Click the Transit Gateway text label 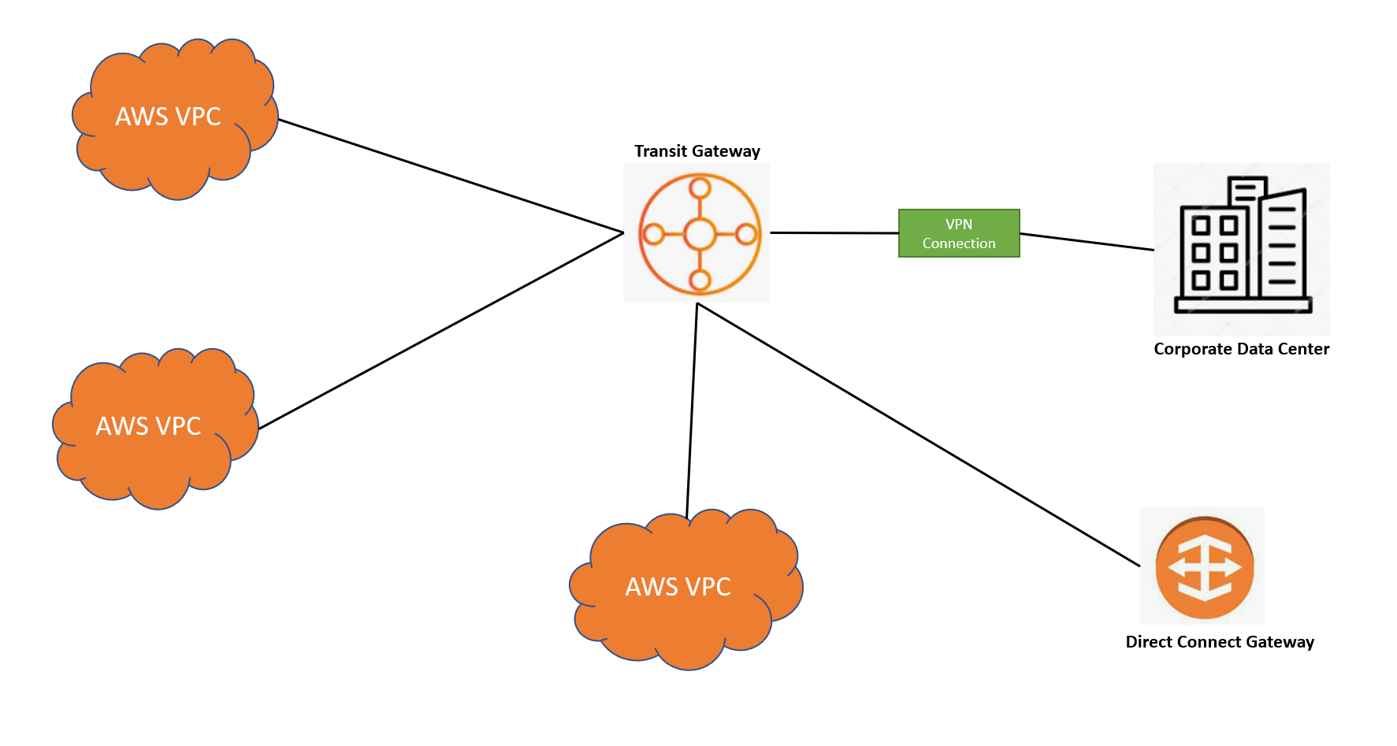[697, 151]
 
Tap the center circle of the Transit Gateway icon [699, 234]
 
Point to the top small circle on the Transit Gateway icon [700, 188]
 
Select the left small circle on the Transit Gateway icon [653, 234]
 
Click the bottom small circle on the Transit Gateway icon [700, 280]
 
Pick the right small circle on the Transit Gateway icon [745, 234]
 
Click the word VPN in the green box [959, 225]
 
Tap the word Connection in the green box [959, 243]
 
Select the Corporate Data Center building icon [1242, 247]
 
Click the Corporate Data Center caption [1241, 349]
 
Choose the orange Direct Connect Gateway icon [1203, 566]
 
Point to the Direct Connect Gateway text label [1220, 642]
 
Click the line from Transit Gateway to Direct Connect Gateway [918, 434]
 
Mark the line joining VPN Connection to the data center [1087, 242]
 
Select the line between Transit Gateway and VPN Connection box [834, 233]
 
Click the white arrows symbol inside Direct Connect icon [1204, 568]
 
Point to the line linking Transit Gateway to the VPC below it [692, 410]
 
